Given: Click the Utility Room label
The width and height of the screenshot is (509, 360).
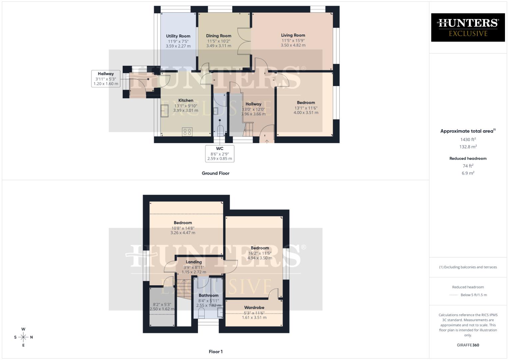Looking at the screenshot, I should pos(178,36).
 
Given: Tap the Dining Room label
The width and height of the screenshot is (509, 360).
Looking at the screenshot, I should pos(218,36).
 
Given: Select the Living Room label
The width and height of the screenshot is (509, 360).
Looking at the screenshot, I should pos(293,35).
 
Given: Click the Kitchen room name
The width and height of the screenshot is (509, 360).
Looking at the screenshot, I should pos(186,100).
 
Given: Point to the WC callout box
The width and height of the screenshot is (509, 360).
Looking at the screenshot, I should pos(220,154).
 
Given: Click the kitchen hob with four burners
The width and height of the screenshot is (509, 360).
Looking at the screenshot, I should pos(187,132).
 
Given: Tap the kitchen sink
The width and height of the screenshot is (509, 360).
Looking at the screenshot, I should pos(165,111).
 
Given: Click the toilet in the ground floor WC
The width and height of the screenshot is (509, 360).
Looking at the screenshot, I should pos(220,130).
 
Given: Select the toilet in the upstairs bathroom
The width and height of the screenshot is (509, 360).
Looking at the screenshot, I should pos(201,313).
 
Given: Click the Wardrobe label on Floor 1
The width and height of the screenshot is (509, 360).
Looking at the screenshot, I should pos(254,308).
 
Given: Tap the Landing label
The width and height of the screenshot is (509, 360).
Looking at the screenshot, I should pos(194,262).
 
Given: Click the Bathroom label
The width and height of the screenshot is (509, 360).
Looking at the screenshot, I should pos(208,295).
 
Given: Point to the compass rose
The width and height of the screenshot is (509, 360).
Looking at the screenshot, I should pos(23,337).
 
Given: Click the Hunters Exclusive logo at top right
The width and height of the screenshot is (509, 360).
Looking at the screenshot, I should pos(468,27).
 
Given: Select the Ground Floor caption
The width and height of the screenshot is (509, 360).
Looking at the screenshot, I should pos(215,173).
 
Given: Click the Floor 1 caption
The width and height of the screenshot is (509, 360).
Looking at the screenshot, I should pos(215,352).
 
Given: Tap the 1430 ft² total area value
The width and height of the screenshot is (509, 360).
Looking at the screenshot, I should pos(468,140).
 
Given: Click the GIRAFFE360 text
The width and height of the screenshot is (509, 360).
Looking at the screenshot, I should pos(468,345).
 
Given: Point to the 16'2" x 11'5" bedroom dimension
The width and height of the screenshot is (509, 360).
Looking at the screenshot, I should pos(260,253).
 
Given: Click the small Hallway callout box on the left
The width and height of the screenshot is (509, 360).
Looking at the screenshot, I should pos(106,79).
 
